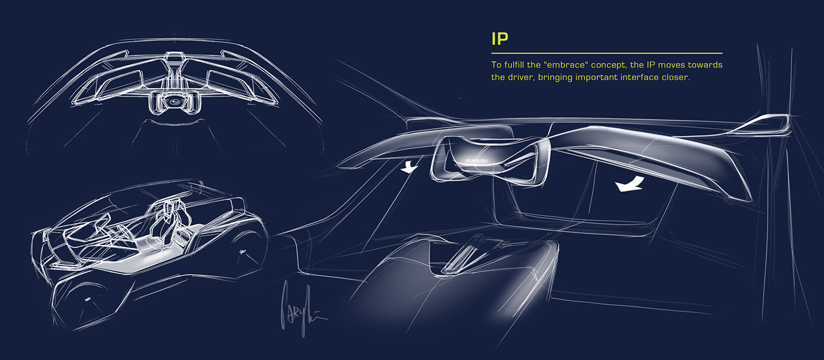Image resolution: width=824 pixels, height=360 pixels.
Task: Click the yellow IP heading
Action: pos(500,39)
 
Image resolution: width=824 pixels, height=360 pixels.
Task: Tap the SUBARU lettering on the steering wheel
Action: pos(476,160)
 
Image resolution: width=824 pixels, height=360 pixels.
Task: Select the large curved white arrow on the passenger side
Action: pos(628,186)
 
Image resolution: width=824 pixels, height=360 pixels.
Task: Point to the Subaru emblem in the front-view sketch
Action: pos(172,100)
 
